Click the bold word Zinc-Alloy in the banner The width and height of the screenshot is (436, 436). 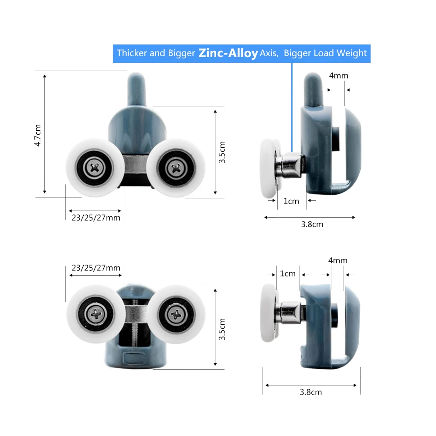point(228,53)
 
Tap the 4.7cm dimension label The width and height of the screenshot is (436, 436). point(37,135)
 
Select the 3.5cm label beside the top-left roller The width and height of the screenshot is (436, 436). point(222,152)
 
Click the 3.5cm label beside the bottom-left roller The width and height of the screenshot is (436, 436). point(222,329)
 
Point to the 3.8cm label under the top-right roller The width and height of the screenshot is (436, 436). point(312,225)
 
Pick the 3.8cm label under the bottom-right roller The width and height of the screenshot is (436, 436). point(310,392)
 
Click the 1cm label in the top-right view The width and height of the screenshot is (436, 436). point(291,201)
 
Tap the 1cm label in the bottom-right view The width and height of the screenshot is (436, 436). point(287,274)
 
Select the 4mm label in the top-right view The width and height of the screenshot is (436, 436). point(338,75)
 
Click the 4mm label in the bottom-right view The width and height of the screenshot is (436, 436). point(337,261)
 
